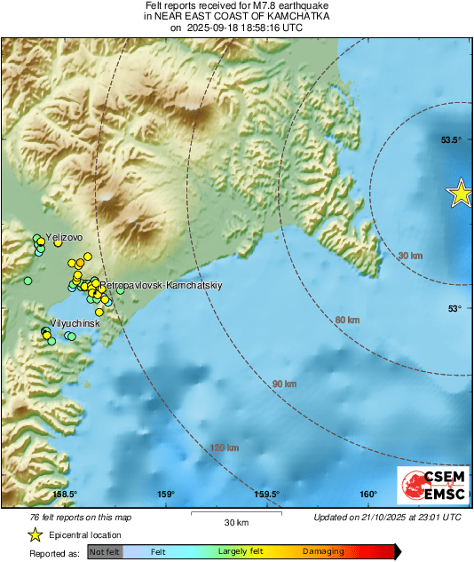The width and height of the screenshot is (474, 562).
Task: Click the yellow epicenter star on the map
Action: [461, 194]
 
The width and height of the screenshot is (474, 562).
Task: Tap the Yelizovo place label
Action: [64, 237]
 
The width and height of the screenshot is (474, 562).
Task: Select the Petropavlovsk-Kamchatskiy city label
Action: [161, 286]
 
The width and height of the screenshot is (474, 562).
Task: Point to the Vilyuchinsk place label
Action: [74, 324]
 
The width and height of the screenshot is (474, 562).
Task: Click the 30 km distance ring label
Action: [409, 256]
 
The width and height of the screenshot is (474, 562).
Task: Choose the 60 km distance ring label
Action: [348, 319]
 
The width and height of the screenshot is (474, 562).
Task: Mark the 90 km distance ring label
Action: [284, 384]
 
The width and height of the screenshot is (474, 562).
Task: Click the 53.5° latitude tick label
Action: [453, 140]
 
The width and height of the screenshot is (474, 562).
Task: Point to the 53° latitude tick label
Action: [454, 308]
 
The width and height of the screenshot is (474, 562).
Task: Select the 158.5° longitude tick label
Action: [65, 495]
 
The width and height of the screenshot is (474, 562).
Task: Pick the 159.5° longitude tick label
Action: [267, 495]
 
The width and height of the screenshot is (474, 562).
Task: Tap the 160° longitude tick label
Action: [368, 495]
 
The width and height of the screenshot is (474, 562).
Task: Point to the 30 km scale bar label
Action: [236, 521]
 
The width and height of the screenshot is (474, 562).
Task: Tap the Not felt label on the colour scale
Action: [104, 551]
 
